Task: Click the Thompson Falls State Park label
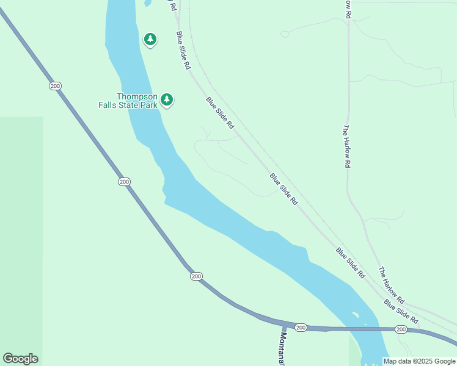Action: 128,101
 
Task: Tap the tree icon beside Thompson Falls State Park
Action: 167,99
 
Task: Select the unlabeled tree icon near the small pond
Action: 150,40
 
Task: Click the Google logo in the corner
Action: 20,359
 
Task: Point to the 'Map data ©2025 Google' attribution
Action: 420,361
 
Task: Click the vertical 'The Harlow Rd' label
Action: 346,146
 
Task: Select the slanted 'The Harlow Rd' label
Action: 391,285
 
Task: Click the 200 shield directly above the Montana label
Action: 301,328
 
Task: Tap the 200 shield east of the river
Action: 400,329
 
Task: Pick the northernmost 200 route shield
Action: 56,86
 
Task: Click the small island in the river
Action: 356,315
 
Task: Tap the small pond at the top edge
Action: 147,2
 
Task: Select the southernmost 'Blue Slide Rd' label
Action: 401,311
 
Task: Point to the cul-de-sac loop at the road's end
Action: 285,34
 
